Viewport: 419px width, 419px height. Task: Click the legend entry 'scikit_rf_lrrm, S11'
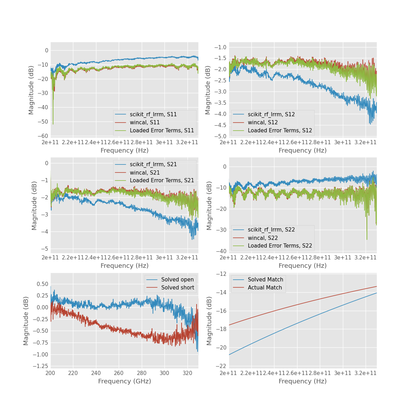pyautogui.click(x=153, y=114)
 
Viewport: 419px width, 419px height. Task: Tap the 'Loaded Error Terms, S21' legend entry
pyautogui.click(x=162, y=180)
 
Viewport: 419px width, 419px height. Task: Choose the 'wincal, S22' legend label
pyautogui.click(x=263, y=238)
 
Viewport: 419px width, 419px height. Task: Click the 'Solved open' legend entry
pyautogui.click(x=177, y=280)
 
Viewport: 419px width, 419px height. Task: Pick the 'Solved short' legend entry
pyautogui.click(x=177, y=288)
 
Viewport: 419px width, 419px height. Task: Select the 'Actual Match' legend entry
pyautogui.click(x=265, y=288)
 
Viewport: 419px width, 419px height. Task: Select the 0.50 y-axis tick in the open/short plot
pyautogui.click(x=42, y=284)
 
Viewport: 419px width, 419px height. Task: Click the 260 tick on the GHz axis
pyautogui.click(x=119, y=373)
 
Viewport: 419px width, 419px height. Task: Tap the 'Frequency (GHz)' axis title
pyautogui.click(x=124, y=381)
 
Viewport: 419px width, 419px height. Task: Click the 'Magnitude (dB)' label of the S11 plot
pyautogui.click(x=31, y=90)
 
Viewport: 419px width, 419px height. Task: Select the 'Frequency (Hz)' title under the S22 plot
pyautogui.click(x=302, y=266)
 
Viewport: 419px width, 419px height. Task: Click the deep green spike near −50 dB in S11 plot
pyautogui.click(x=53, y=123)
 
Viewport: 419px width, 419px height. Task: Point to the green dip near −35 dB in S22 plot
pyautogui.click(x=367, y=239)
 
